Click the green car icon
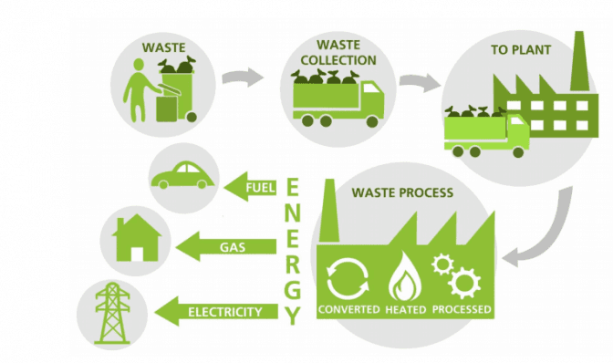(x=182, y=176)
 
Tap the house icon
(x=137, y=237)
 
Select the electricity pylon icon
(x=112, y=313)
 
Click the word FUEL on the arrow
(x=260, y=188)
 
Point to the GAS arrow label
(x=233, y=247)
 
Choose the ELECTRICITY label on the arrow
(x=224, y=312)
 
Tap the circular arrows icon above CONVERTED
(x=348, y=278)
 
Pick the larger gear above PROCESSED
(x=464, y=283)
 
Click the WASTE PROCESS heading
(x=402, y=192)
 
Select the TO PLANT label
(x=521, y=50)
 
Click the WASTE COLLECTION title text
(x=338, y=52)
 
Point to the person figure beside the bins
(x=140, y=89)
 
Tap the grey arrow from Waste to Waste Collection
(x=244, y=77)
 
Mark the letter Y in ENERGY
(x=292, y=316)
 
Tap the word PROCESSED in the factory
(x=462, y=309)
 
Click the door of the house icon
(x=137, y=254)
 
